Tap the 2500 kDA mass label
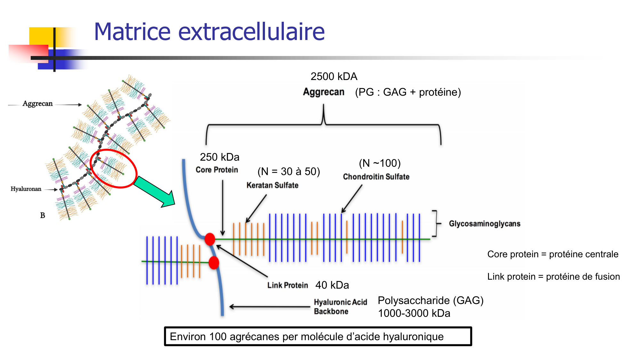[334, 76]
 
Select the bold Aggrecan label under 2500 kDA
[324, 92]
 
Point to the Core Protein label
[217, 170]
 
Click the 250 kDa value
[220, 157]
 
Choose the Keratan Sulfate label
[272, 185]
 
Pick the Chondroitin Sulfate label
[376, 177]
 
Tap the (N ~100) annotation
[380, 163]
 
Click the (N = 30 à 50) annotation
[289, 172]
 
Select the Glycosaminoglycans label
[484, 224]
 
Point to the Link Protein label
[288, 285]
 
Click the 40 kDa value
[332, 285]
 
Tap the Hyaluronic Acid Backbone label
[340, 307]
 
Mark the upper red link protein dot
[210, 239]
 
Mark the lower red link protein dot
[214, 263]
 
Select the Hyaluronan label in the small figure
[26, 189]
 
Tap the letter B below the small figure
[43, 215]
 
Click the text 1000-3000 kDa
[414, 313]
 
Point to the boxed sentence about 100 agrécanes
[318, 336]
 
